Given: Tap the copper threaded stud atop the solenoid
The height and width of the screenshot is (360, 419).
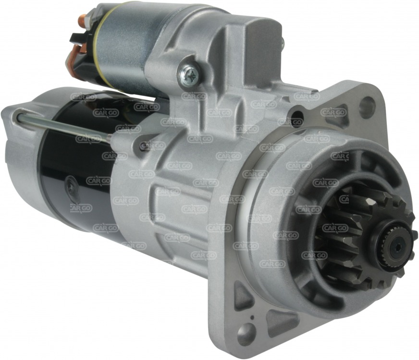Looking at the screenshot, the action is (82, 20).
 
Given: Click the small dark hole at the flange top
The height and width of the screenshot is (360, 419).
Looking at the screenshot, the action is (296, 115).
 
